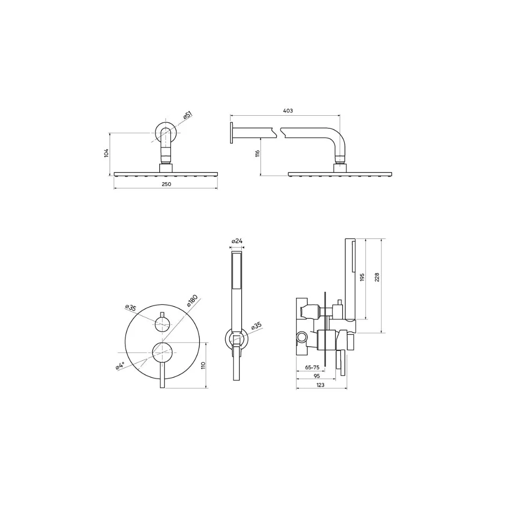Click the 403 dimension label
[288, 111]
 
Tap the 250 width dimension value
[166, 184]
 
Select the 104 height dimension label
[106, 153]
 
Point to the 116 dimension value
[258, 154]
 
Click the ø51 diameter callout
[187, 115]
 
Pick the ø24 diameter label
[237, 241]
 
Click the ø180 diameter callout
[192, 301]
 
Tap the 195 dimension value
[362, 277]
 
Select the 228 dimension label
[377, 277]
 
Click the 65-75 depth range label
[312, 367]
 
